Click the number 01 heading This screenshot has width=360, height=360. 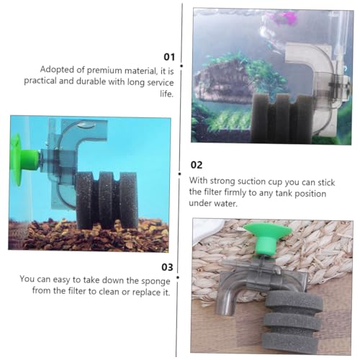(x=169, y=57)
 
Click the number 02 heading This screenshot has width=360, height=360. (x=197, y=165)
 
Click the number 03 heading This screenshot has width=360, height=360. (x=167, y=267)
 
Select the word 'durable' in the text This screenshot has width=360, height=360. (x=91, y=81)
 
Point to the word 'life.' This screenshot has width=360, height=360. (x=166, y=94)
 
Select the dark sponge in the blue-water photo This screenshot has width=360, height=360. (x=107, y=199)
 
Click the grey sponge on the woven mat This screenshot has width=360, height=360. (x=293, y=320)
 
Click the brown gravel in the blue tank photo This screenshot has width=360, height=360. (x=89, y=235)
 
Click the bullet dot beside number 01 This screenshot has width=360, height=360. (x=181, y=66)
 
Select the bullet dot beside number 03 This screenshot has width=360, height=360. (x=178, y=277)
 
